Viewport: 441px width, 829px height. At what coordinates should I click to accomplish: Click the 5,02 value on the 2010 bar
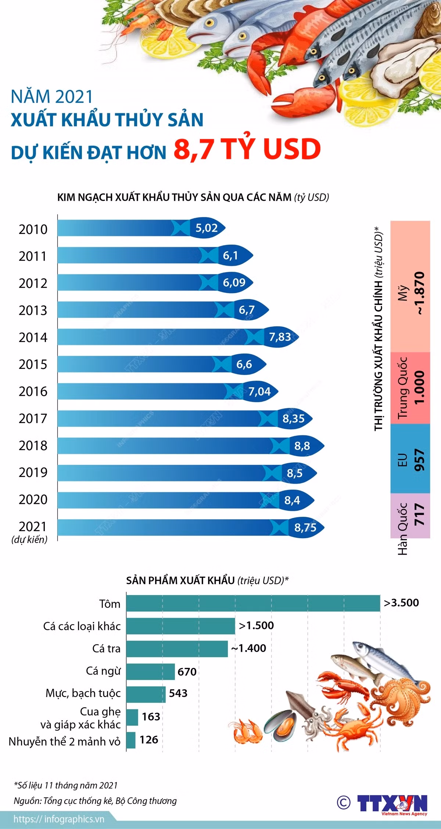point(207,228)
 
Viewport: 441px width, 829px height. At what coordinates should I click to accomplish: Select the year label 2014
point(33,337)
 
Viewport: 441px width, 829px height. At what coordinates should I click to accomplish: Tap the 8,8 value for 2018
point(302,446)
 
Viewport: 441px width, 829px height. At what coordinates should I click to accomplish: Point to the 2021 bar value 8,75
point(305,527)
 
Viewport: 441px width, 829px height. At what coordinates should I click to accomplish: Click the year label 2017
point(33,419)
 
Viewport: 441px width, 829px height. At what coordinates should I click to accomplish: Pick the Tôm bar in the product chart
point(253,603)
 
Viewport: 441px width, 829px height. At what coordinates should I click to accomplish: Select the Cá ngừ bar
point(150,672)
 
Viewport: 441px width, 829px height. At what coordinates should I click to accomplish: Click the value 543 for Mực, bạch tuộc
point(178,693)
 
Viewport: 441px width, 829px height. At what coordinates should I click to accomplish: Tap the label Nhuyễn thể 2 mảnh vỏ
point(65,741)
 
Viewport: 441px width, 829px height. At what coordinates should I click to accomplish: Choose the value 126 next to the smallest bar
point(149,740)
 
